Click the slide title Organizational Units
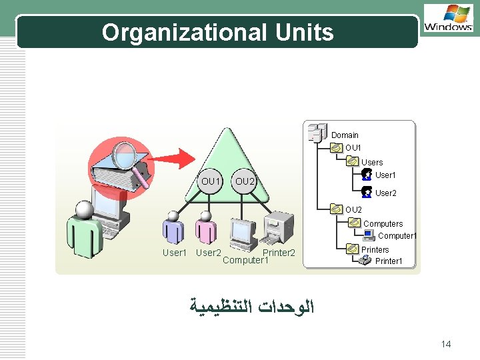(217, 32)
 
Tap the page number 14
(446, 344)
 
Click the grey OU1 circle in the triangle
(211, 181)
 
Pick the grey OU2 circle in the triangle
(245, 181)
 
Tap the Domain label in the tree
(345, 135)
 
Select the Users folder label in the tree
(372, 163)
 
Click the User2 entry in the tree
(385, 193)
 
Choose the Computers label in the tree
(383, 224)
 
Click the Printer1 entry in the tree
(389, 261)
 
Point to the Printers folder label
(375, 250)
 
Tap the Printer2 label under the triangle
(279, 253)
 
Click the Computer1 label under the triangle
(245, 261)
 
